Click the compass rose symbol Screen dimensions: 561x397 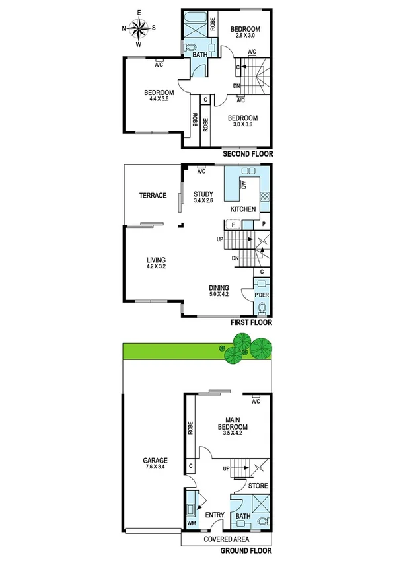pyautogui.click(x=139, y=28)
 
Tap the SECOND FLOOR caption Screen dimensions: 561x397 pyautogui.click(x=247, y=153)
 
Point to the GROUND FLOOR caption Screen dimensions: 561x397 pyautogui.click(x=246, y=550)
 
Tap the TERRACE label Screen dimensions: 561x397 pyautogui.click(x=152, y=196)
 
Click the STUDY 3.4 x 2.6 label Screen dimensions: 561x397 pyautogui.click(x=203, y=198)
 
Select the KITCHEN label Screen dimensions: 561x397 pyautogui.click(x=242, y=209)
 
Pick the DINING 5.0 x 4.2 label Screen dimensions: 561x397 pyautogui.click(x=219, y=291)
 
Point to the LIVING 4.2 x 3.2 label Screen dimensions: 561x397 pyautogui.click(x=156, y=264)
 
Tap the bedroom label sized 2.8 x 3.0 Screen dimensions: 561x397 pyautogui.click(x=245, y=33)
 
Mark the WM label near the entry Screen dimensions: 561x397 pyautogui.click(x=192, y=524)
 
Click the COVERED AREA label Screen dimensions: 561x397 pyautogui.click(x=227, y=539)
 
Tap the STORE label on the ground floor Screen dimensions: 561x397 pyautogui.click(x=258, y=486)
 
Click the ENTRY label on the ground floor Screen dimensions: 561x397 pyautogui.click(x=215, y=515)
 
